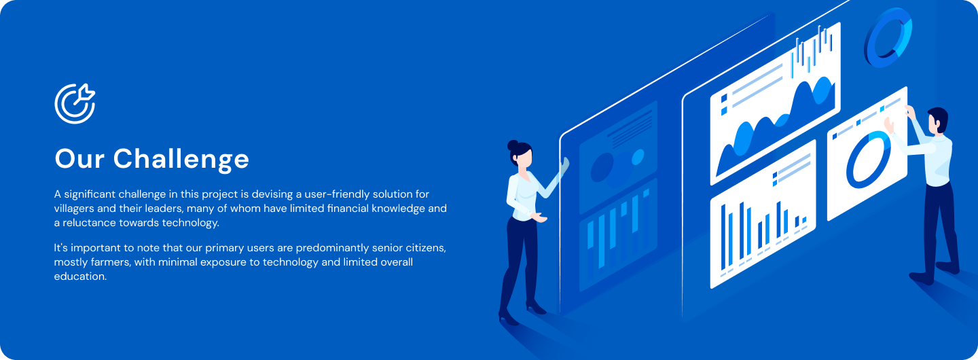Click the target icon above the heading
pos(75,104)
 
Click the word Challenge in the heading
pos(181,159)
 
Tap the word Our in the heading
pos(79,158)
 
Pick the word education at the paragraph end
pos(80,276)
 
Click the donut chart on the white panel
pos(868,160)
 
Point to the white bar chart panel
pos(763,214)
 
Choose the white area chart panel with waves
pos(776,104)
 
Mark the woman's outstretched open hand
pos(540,217)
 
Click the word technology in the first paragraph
pos(190,223)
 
